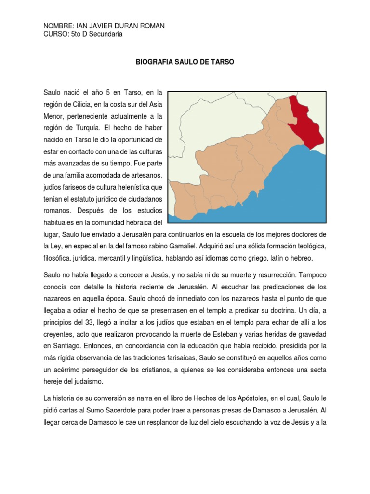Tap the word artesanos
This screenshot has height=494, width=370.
tap(144, 174)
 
